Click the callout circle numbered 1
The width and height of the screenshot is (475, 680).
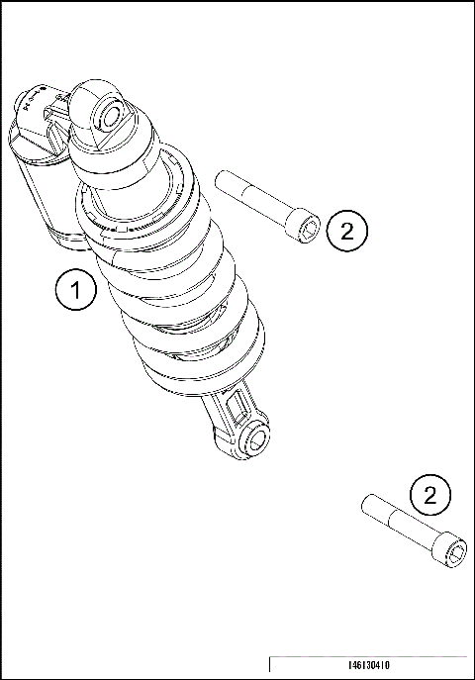pyautogui.click(x=76, y=291)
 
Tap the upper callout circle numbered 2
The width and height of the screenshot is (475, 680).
pyautogui.click(x=346, y=232)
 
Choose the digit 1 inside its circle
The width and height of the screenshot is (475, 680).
pyautogui.click(x=76, y=291)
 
